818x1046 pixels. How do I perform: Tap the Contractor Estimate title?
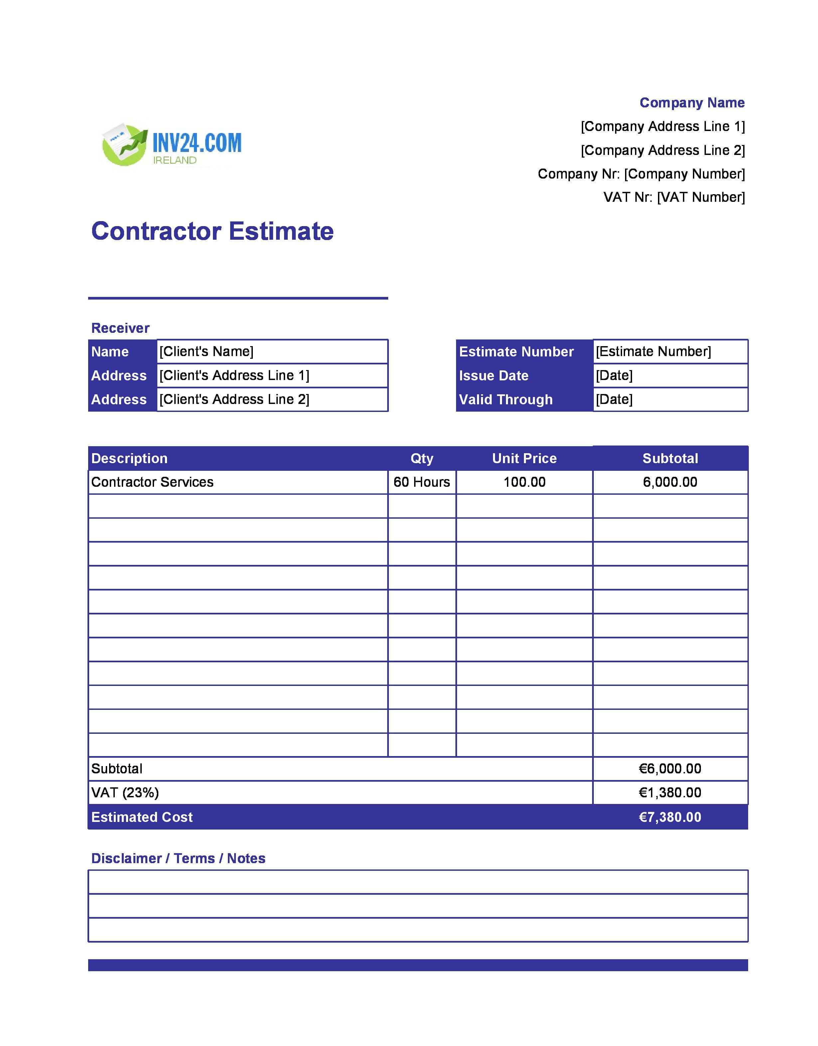click(212, 231)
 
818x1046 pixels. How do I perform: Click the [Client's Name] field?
click(272, 351)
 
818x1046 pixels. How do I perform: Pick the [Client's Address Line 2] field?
click(272, 399)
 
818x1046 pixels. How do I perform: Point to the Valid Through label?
click(506, 399)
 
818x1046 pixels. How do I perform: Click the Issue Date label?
click(494, 375)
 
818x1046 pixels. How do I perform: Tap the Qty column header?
click(422, 458)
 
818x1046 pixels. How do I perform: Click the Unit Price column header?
click(524, 458)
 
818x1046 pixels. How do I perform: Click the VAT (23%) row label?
click(125, 793)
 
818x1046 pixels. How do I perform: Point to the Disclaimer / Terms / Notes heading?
click(178, 858)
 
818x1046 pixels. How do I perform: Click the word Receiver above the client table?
click(120, 328)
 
